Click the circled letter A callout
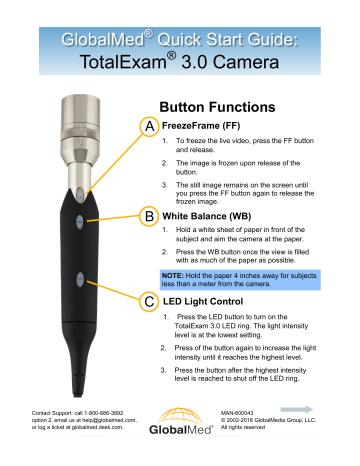pyautogui.click(x=149, y=126)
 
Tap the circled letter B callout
pyautogui.click(x=149, y=216)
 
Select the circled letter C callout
pyautogui.click(x=149, y=302)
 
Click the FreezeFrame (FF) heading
pyautogui.click(x=201, y=126)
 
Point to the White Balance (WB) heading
pyautogui.click(x=207, y=216)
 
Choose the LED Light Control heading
pyautogui.click(x=203, y=301)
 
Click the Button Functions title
pyautogui.click(x=217, y=107)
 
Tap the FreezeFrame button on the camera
pyautogui.click(x=80, y=194)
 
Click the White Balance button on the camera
pyautogui.click(x=79, y=221)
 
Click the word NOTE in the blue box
pyautogui.click(x=172, y=276)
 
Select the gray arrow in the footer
pyautogui.click(x=297, y=409)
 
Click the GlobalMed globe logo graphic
pyautogui.click(x=180, y=416)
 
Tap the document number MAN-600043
pyautogui.click(x=237, y=413)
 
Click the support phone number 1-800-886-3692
pyautogui.click(x=103, y=413)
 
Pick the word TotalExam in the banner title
pyautogui.click(x=123, y=62)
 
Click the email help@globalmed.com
pyautogui.click(x=109, y=420)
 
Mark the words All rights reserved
pyautogui.click(x=243, y=427)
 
